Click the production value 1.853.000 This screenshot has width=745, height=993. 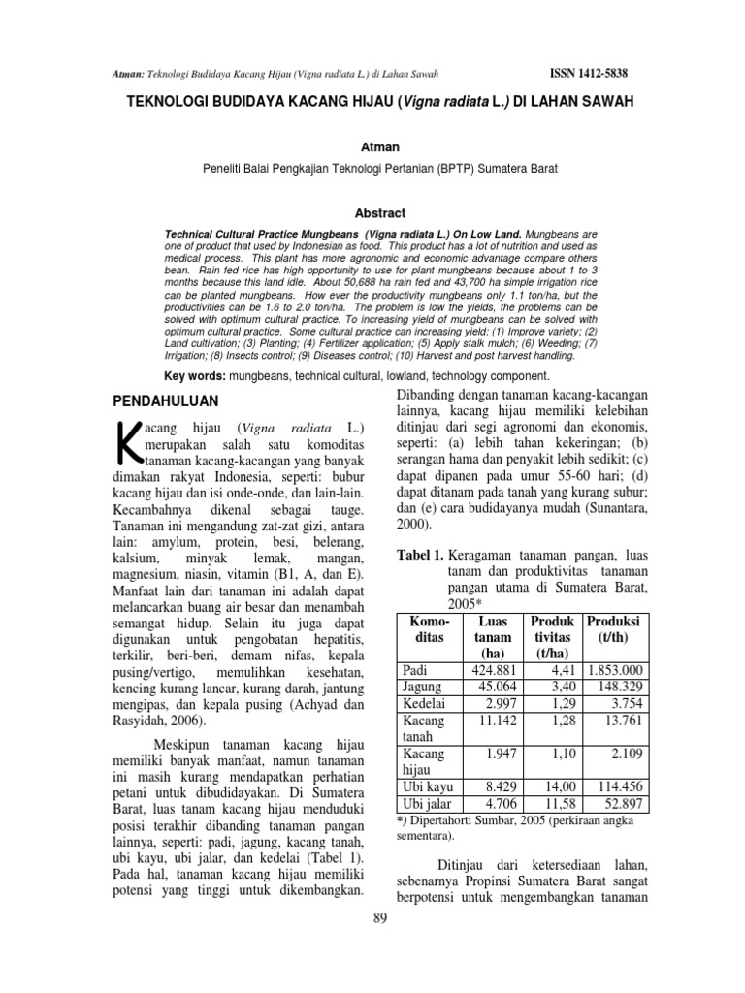pyautogui.click(x=615, y=670)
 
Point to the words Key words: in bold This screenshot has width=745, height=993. pyautogui.click(x=192, y=374)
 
